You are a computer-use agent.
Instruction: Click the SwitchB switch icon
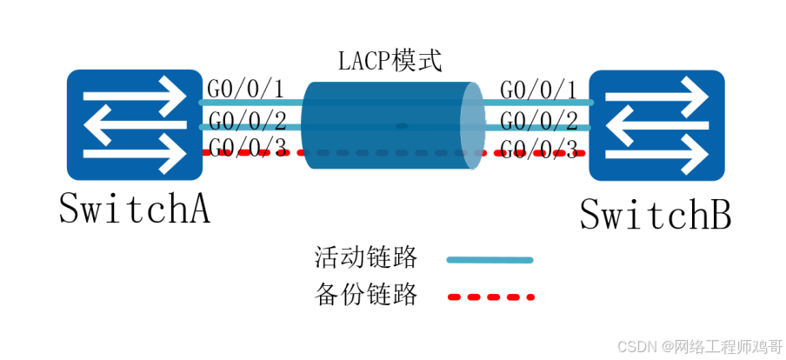point(656,124)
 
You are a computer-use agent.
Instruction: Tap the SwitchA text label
point(134,210)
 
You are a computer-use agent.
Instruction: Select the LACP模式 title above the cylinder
point(390,62)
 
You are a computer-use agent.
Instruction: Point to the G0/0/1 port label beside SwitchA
point(246,89)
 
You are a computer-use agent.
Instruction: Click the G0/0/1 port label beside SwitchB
point(538,89)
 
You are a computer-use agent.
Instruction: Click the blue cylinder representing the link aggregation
point(387,126)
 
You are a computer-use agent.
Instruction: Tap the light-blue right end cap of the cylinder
point(470,127)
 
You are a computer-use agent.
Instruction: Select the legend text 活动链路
point(365,258)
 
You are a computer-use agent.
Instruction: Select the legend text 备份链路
point(365,296)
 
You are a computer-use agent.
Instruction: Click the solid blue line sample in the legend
point(489,259)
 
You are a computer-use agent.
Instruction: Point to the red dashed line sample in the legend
point(489,297)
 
